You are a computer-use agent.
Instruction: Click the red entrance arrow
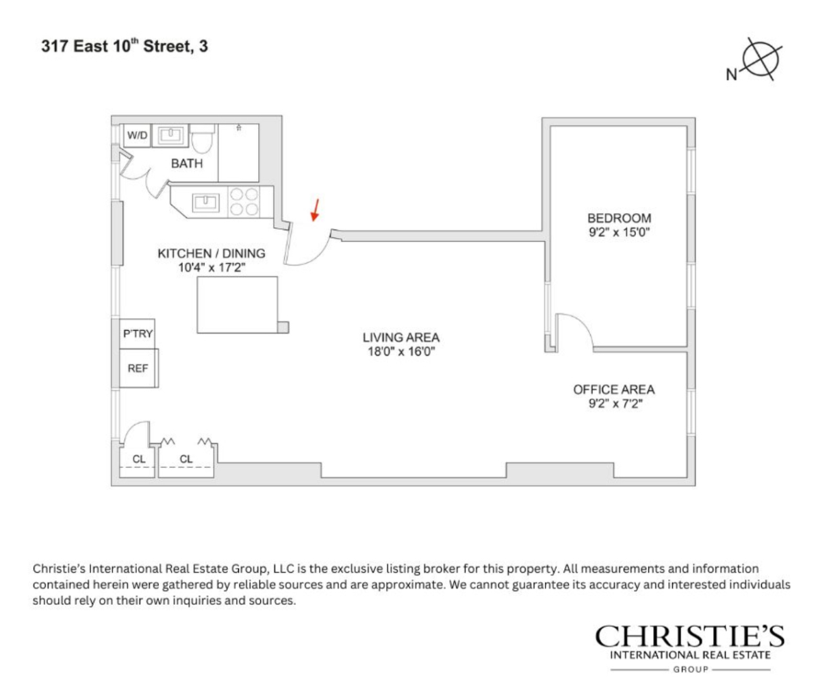[315, 210]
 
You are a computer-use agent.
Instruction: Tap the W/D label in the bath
[137, 136]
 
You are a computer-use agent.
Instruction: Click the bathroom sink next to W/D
[168, 135]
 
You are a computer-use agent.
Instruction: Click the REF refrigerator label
[138, 368]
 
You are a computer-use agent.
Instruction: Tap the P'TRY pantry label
[138, 334]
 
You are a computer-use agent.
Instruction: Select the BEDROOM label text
[619, 219]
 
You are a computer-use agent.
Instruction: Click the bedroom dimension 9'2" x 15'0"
[619, 232]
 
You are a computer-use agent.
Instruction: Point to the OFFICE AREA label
[613, 390]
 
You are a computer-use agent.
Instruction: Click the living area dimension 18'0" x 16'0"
[400, 351]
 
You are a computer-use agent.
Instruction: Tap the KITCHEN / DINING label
[212, 253]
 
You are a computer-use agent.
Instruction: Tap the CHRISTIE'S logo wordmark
[690, 637]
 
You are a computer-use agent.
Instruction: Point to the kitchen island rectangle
[238, 303]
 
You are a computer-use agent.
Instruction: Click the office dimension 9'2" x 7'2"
[613, 403]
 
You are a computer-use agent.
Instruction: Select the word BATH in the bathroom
[187, 164]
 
